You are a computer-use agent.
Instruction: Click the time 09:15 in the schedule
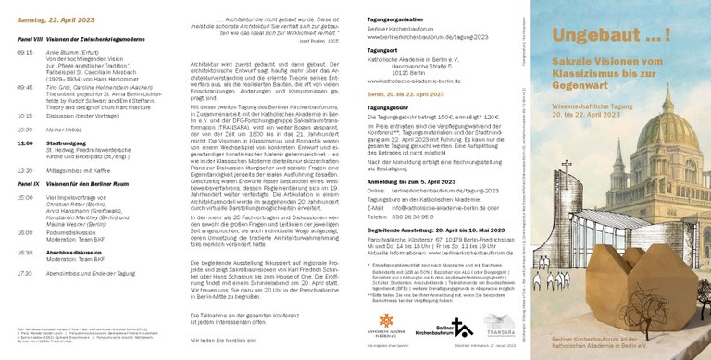25,53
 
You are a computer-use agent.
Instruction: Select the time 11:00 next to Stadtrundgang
26,143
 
